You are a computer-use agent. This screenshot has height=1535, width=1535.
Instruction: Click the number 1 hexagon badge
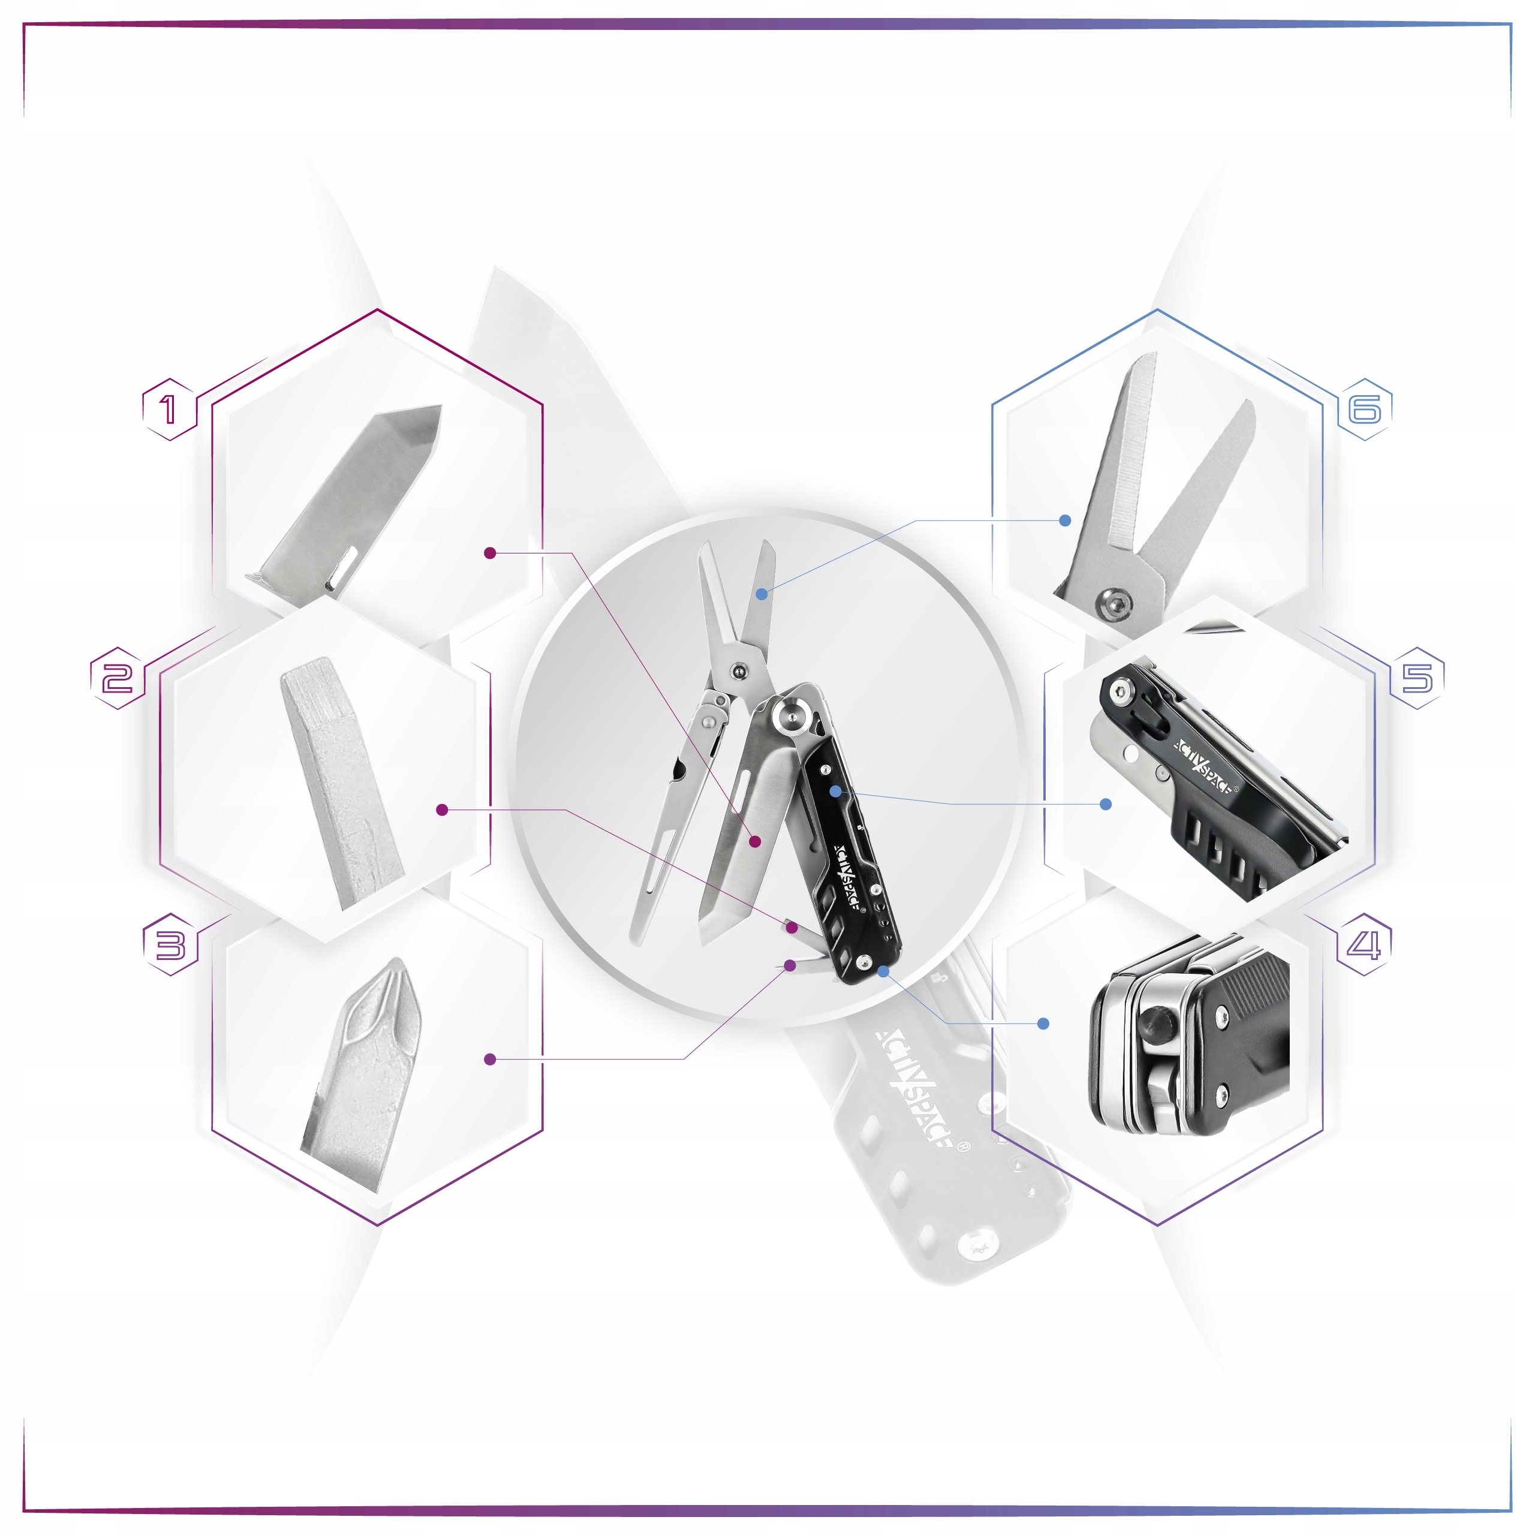[x=169, y=410]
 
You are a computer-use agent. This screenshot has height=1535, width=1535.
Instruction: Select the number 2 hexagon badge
[x=118, y=678]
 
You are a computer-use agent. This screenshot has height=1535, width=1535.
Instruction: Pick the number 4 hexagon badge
[x=1364, y=944]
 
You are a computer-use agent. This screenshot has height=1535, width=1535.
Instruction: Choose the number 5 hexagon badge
[x=1417, y=678]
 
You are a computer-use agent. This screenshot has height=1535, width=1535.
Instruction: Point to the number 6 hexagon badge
[x=1365, y=410]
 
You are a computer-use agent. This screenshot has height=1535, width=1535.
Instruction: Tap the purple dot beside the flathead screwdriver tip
[x=443, y=809]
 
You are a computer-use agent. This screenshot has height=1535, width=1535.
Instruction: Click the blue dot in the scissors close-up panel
[x=1066, y=520]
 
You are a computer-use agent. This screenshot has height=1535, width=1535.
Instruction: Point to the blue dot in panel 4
[x=1044, y=1024]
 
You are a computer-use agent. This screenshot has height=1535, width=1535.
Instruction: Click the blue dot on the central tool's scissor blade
[x=761, y=594]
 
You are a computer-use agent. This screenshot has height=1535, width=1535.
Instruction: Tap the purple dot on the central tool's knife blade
[x=756, y=841]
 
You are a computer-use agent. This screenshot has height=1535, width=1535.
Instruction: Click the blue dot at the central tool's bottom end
[x=883, y=971]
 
